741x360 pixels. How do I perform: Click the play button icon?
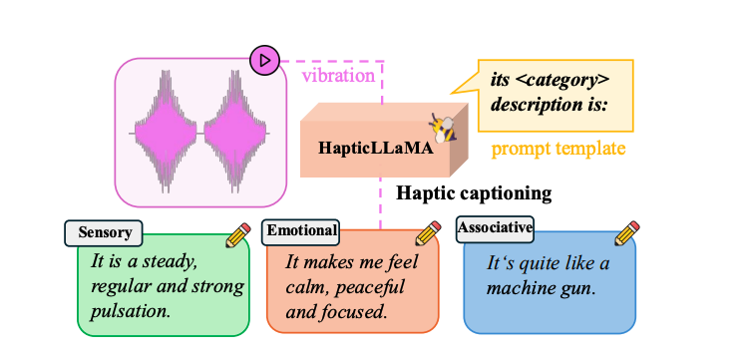point(264,61)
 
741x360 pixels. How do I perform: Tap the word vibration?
point(339,74)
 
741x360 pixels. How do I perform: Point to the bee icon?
point(442,127)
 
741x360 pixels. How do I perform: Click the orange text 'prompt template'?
point(558,150)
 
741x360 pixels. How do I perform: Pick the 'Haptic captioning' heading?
point(474,192)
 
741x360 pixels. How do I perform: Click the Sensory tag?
point(105,232)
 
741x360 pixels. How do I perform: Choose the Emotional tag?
point(301,231)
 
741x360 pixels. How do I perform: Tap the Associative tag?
point(495,227)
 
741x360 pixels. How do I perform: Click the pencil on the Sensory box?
point(237,235)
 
